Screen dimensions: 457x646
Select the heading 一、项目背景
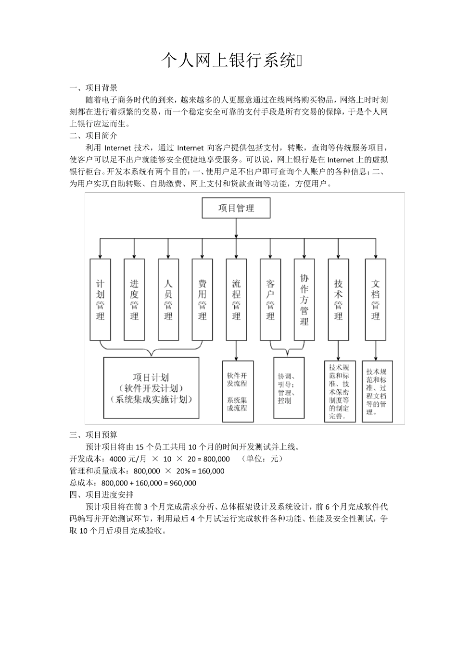[x=93, y=88]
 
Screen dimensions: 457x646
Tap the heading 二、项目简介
[x=93, y=136]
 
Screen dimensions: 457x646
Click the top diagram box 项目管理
[x=236, y=208]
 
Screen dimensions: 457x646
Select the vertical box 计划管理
[x=100, y=299]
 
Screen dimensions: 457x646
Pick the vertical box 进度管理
[x=134, y=299]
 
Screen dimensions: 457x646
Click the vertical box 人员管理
[x=168, y=299]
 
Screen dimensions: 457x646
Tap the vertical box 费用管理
[x=202, y=299]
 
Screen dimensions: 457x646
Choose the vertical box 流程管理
[x=236, y=299]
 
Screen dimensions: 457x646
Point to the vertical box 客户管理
[x=270, y=299]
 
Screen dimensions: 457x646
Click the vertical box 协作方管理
[x=304, y=299]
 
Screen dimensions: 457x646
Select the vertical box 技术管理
[x=338, y=299]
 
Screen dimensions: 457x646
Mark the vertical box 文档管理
[x=375, y=299]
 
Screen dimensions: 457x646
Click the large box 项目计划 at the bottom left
[x=151, y=388]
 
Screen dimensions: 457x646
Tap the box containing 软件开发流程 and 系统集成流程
[x=237, y=391]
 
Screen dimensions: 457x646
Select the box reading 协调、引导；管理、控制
[x=289, y=387]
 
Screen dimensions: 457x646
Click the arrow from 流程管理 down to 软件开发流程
[x=236, y=351]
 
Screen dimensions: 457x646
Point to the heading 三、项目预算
[x=93, y=435]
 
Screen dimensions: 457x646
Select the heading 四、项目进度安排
[x=102, y=495]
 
